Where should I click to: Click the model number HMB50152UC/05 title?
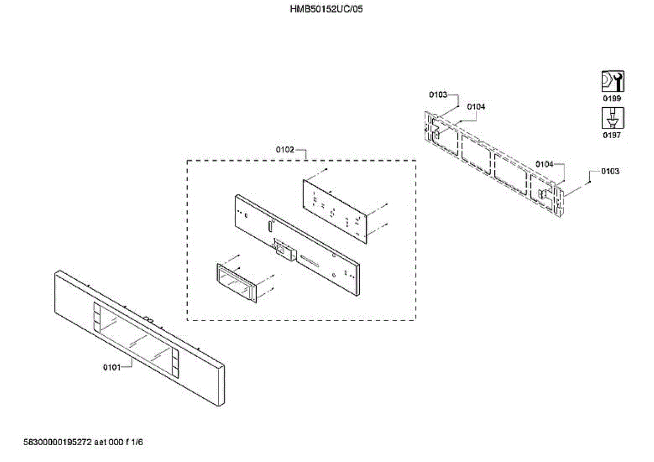point(326,9)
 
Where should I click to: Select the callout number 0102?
point(285,150)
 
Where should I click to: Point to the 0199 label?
point(611,98)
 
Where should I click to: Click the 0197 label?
point(611,135)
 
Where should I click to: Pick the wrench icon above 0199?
point(612,82)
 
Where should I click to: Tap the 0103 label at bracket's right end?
point(610,171)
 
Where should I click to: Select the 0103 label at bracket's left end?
point(438,95)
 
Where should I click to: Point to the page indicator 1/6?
point(136,442)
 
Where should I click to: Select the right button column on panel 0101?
point(174,365)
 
